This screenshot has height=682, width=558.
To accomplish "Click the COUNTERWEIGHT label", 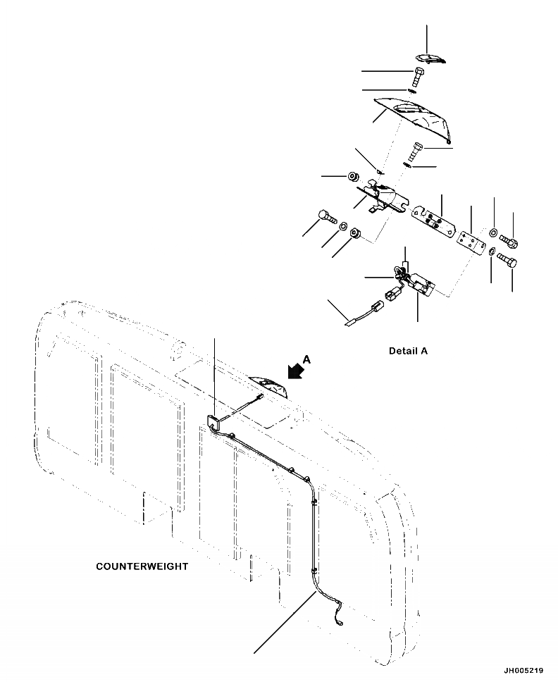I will coord(142,566).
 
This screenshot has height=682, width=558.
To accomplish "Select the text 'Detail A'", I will coord(408,351).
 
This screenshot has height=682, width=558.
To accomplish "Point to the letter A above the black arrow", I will coord(306,359).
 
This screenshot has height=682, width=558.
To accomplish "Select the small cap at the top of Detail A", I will coord(428,60).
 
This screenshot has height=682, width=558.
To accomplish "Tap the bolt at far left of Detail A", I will coord(326,216).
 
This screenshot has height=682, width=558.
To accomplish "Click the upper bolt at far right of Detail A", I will coord(512,244).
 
